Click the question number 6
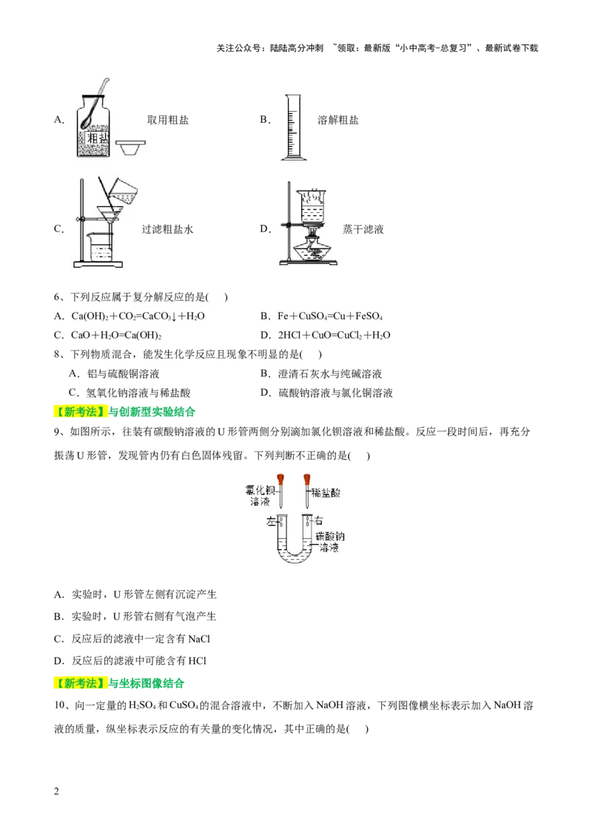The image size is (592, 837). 58,297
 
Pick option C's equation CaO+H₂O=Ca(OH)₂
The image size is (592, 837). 117,336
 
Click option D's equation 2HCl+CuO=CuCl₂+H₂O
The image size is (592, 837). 333,336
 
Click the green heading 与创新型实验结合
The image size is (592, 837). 152,412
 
